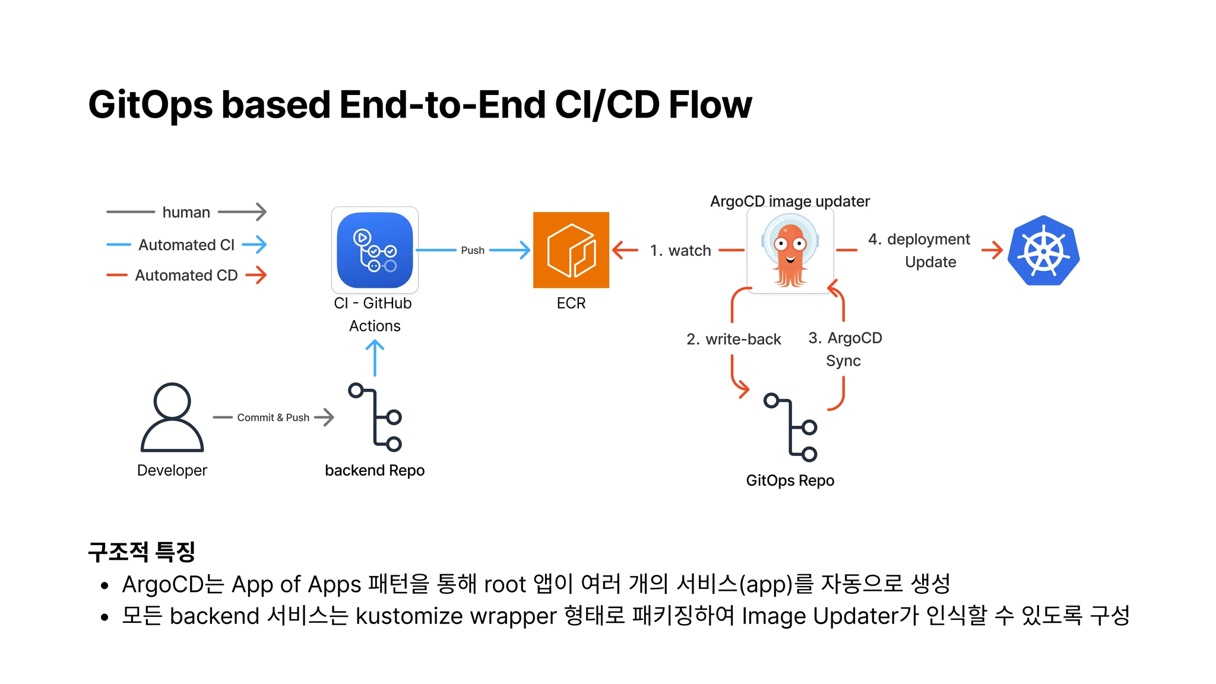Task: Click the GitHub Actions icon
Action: (x=375, y=250)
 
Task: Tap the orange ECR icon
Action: (x=571, y=250)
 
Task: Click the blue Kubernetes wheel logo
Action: (x=1043, y=251)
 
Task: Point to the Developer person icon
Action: (x=172, y=417)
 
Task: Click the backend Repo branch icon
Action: (x=375, y=417)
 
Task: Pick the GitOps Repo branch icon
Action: (x=791, y=427)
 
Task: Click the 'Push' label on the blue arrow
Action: (x=473, y=251)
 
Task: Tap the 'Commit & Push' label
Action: (x=273, y=417)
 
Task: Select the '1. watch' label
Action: (x=680, y=251)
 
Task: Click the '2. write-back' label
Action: (x=734, y=339)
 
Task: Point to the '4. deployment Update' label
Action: (x=920, y=250)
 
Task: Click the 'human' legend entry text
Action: (x=186, y=212)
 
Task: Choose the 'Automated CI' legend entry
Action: (x=186, y=245)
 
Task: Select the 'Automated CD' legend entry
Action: (x=186, y=275)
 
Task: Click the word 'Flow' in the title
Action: (x=710, y=105)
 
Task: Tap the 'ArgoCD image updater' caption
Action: (x=790, y=201)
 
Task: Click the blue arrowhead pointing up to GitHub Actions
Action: (x=375, y=345)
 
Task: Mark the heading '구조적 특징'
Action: (x=141, y=552)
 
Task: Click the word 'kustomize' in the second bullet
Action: (x=409, y=616)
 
